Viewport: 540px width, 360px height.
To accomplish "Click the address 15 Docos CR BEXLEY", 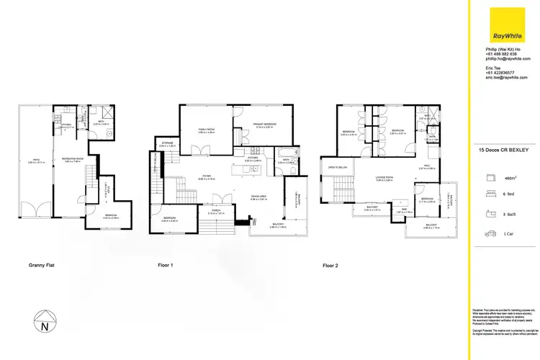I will point(504,150).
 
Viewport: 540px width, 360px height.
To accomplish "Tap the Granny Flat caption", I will point(41,266).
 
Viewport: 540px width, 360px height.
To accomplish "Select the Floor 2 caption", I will point(332,266).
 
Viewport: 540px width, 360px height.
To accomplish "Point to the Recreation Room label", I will point(73,158).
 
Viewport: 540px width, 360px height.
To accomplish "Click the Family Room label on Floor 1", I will point(207,129).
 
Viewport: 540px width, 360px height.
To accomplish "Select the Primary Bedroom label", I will point(265,124).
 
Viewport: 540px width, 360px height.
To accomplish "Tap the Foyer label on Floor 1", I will point(205,176).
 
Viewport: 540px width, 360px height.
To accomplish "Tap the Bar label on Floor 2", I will point(402,210).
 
